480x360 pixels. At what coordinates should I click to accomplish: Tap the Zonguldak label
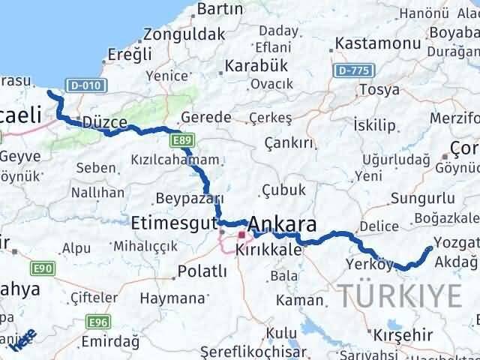pyautogui.click(x=184, y=34)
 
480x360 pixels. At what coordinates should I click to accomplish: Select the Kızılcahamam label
pyautogui.click(x=175, y=160)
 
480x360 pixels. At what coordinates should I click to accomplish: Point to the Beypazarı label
pyautogui.click(x=190, y=199)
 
